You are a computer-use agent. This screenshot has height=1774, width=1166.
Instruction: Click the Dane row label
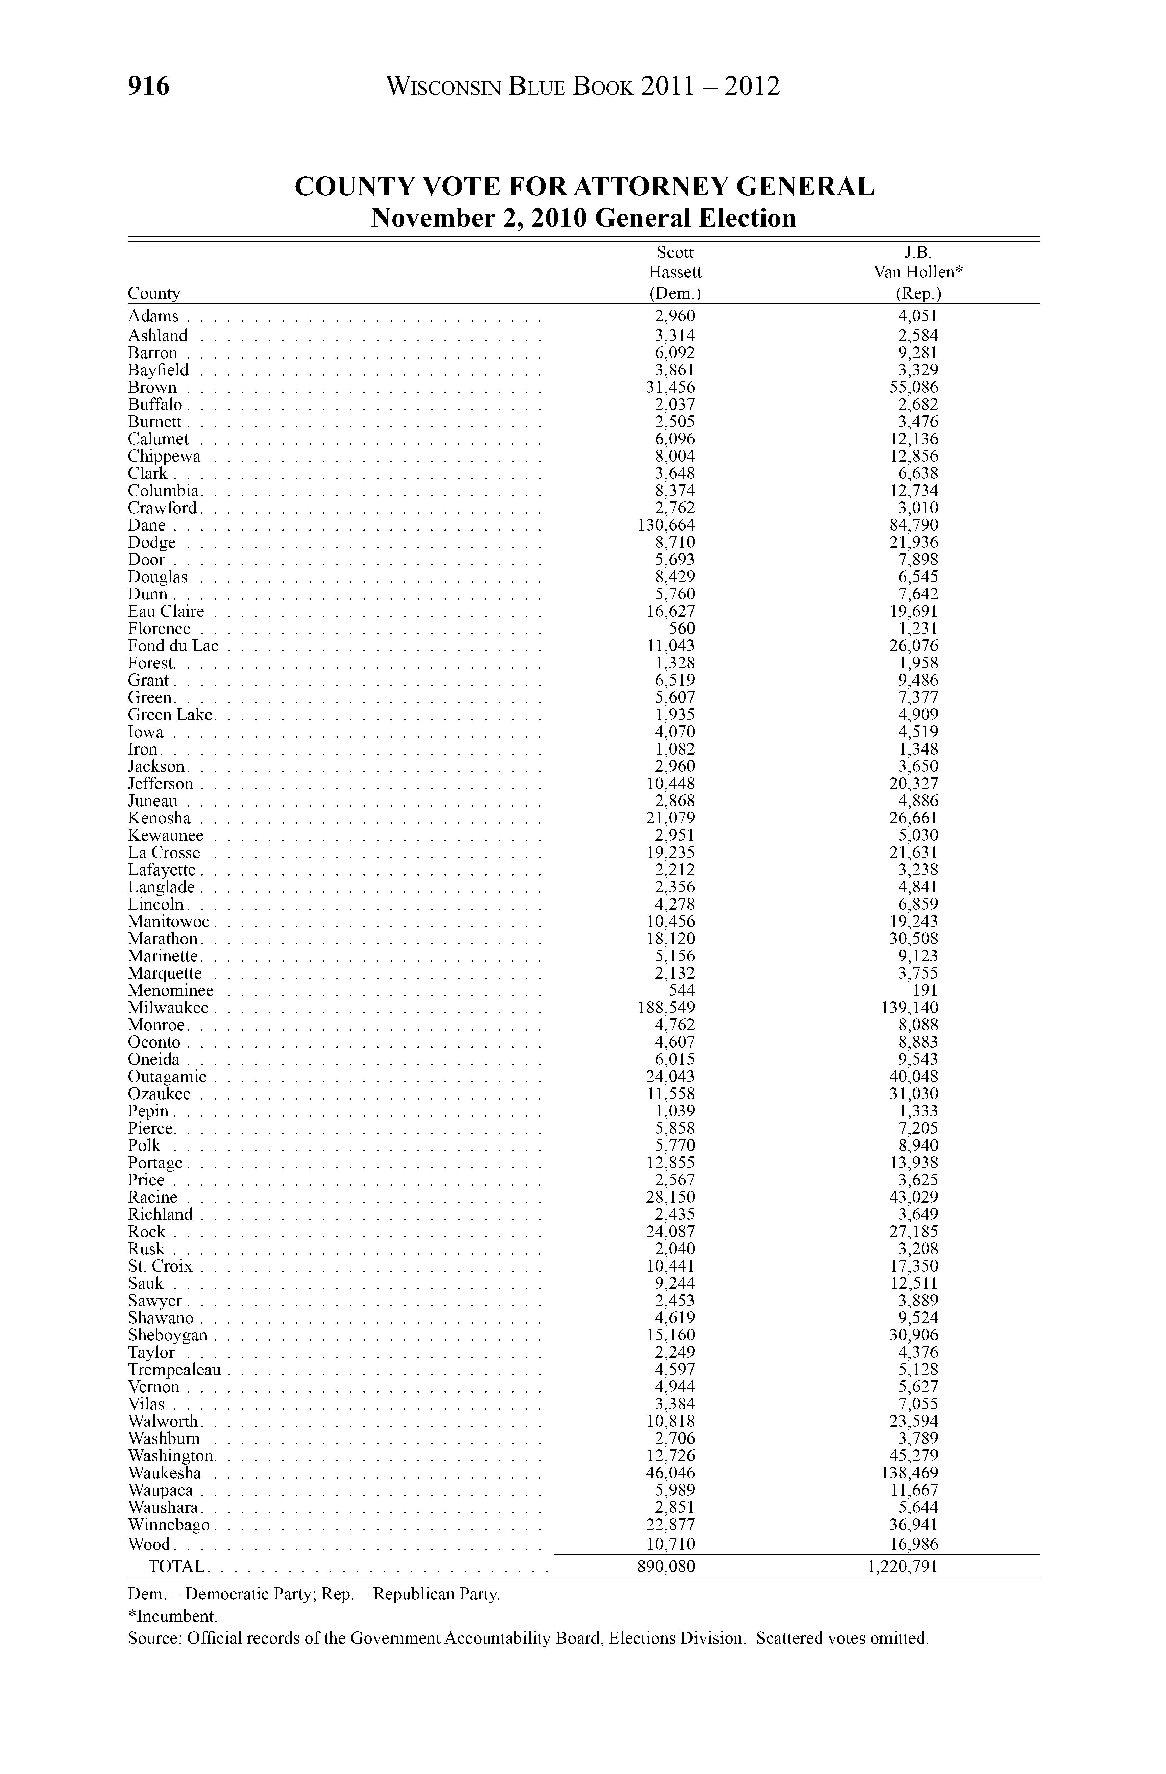147,525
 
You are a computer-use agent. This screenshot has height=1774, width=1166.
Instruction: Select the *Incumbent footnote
173,1617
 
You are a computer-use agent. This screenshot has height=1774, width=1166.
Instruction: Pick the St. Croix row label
160,1266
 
